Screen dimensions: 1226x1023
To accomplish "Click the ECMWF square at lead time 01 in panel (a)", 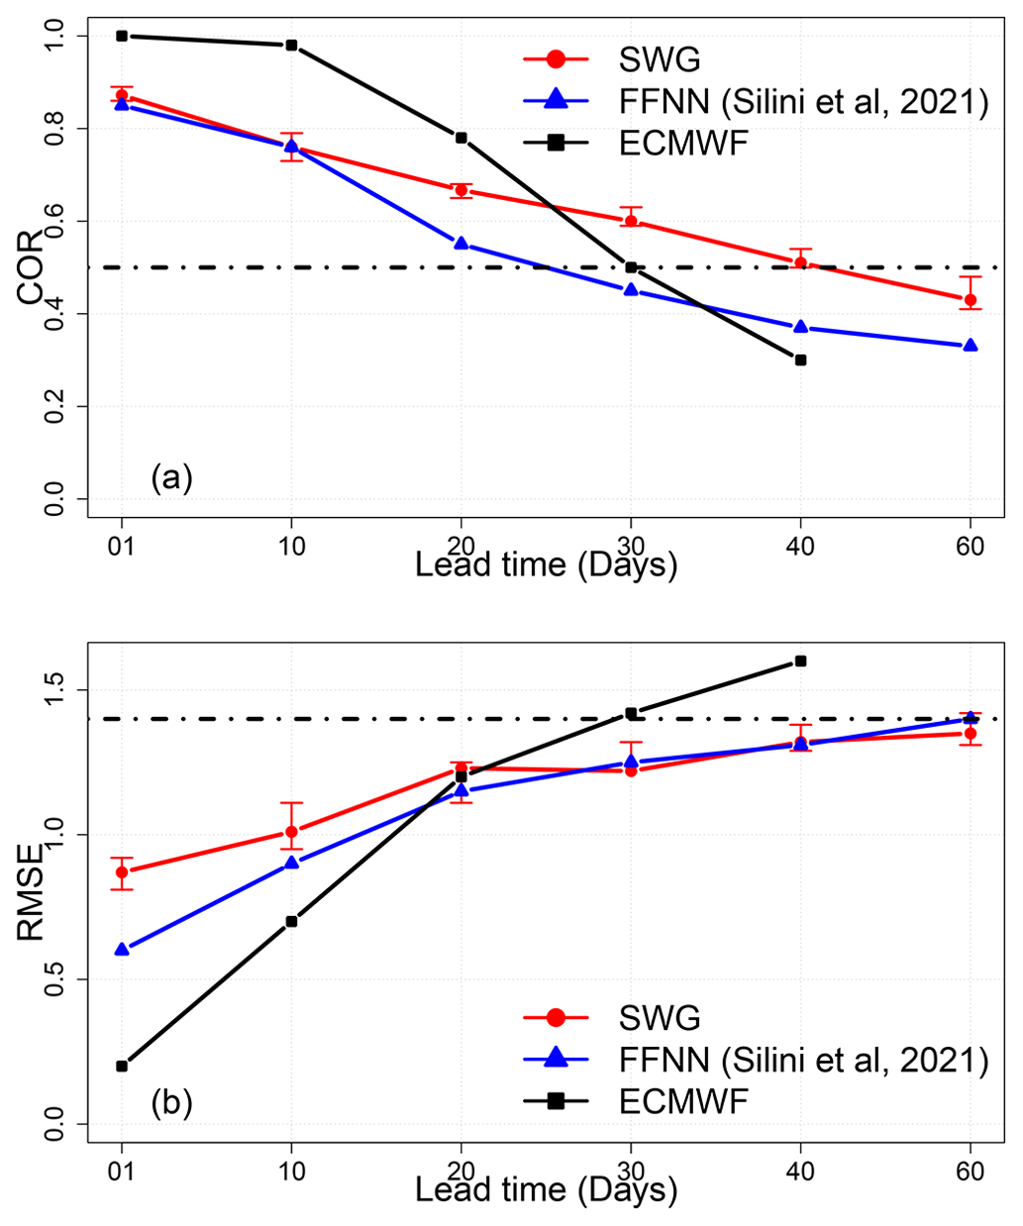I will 122,36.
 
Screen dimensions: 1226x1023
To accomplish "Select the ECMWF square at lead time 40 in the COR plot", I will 800,359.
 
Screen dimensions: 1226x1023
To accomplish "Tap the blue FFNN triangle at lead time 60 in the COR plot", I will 971,346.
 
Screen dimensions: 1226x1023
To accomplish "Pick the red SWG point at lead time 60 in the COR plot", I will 971,300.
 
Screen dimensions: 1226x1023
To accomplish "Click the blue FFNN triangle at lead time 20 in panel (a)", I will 460,243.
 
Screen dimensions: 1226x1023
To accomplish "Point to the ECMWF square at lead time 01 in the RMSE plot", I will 122,1066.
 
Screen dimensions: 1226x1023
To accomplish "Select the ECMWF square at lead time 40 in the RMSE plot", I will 800,661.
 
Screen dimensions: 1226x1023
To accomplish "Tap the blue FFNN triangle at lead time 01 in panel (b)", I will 122,949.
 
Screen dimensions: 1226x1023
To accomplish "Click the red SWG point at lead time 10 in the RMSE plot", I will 291,832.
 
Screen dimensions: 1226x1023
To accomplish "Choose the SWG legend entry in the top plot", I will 660,59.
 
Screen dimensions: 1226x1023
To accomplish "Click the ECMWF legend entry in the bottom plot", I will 683,1101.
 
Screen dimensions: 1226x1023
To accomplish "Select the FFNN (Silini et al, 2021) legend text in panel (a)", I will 803,101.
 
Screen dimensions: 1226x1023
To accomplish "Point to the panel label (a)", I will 171,478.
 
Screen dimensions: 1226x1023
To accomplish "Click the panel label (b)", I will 171,1102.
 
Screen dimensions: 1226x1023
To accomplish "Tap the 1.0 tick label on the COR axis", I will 55,36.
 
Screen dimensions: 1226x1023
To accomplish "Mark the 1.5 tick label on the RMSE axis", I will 55,689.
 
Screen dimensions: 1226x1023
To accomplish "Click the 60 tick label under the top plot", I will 971,547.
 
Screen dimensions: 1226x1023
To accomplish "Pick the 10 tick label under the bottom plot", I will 291,1172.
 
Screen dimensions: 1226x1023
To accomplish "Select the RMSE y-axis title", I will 30,891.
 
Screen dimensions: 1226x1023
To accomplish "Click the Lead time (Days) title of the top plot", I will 546,565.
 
